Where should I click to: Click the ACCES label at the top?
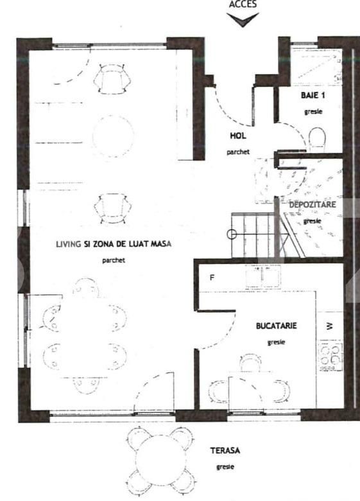point(243,4)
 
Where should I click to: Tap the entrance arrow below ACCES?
point(243,20)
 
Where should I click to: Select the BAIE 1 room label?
point(313,95)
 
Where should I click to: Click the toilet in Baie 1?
point(318,137)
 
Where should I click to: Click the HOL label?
point(238,136)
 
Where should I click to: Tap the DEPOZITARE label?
point(311,204)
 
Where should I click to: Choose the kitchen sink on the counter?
point(261,277)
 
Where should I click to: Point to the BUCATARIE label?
point(275,326)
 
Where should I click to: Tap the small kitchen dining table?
point(249,389)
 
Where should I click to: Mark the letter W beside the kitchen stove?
point(330,326)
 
